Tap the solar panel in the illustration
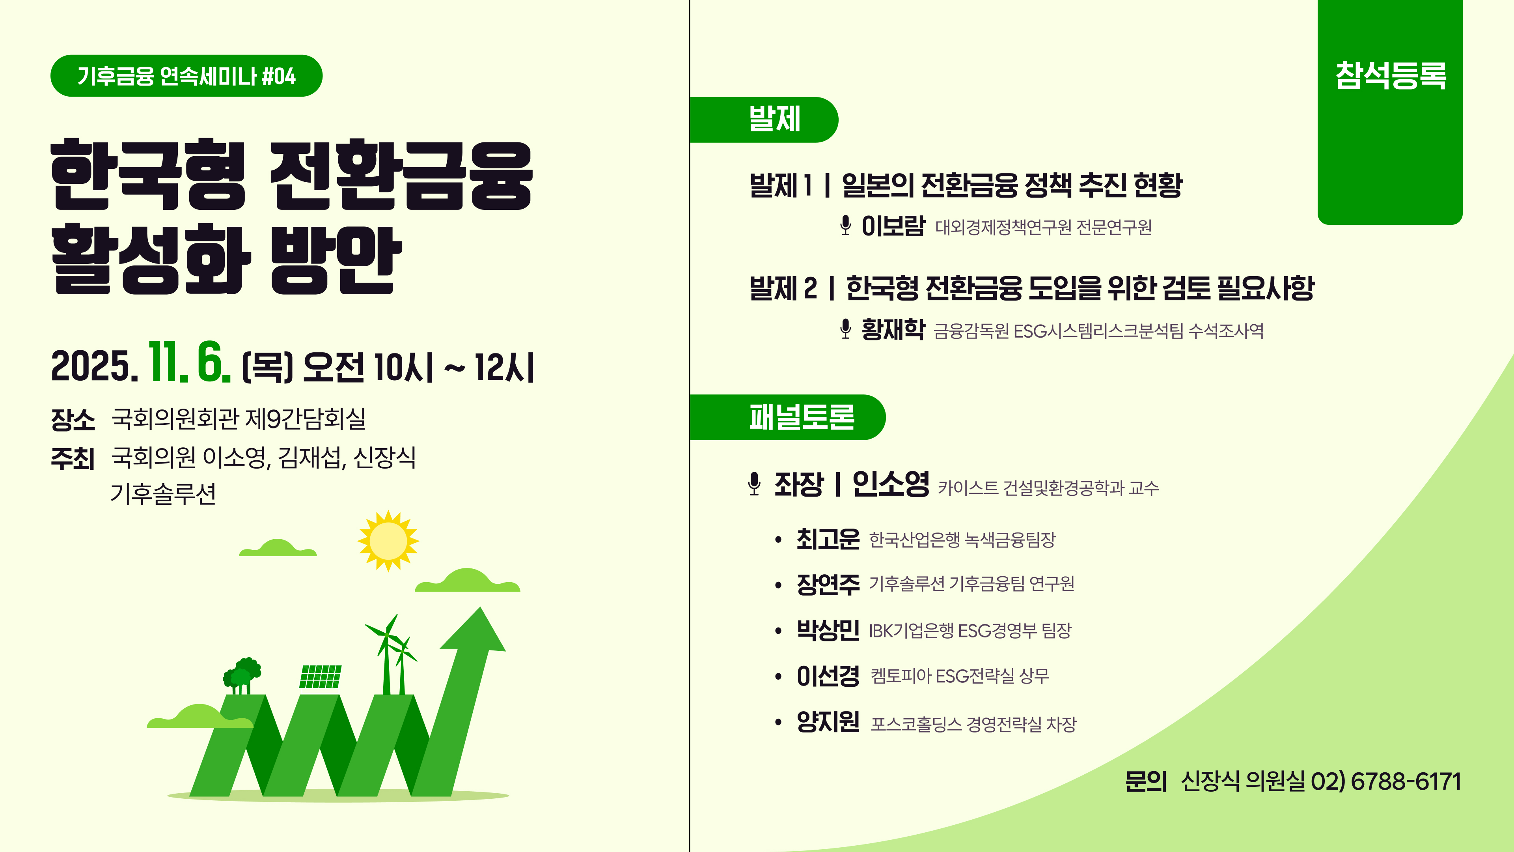[320, 676]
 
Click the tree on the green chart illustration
[242, 675]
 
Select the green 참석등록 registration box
[1389, 112]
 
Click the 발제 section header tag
[764, 120]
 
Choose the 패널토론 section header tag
[788, 417]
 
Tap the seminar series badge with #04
[186, 76]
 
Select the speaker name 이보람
[893, 226]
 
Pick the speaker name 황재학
[893, 329]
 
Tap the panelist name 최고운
[828, 538]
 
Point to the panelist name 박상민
[828, 630]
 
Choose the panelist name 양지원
[828, 722]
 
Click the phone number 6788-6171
[1406, 781]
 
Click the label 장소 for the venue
[73, 419]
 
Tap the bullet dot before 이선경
[778, 677]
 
